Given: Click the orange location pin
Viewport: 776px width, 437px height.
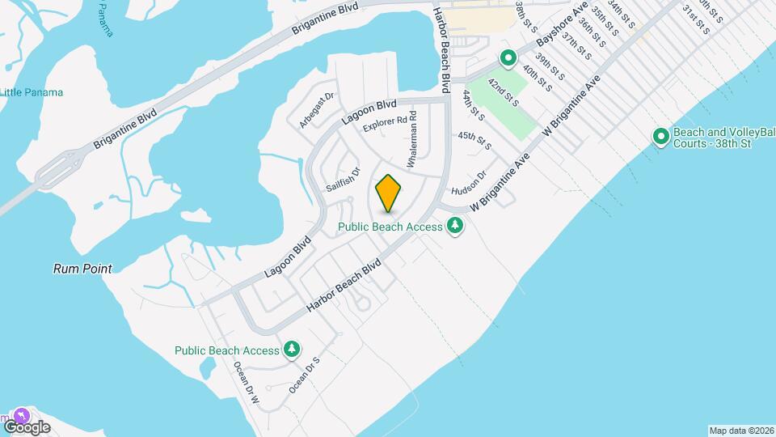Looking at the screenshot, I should coord(388,193).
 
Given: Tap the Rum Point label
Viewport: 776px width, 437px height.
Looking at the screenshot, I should coord(82,269).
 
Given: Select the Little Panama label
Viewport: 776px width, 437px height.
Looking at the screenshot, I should coord(32,92).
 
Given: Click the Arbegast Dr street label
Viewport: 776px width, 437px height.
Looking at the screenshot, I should coord(315,110).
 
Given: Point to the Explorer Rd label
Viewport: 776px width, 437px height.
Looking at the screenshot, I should coord(384,124).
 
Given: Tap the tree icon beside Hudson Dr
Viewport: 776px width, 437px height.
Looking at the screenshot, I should coord(455,226).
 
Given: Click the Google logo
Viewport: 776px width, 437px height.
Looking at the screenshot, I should coord(27,426).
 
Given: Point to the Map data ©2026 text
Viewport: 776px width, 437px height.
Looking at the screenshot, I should coord(740,430).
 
